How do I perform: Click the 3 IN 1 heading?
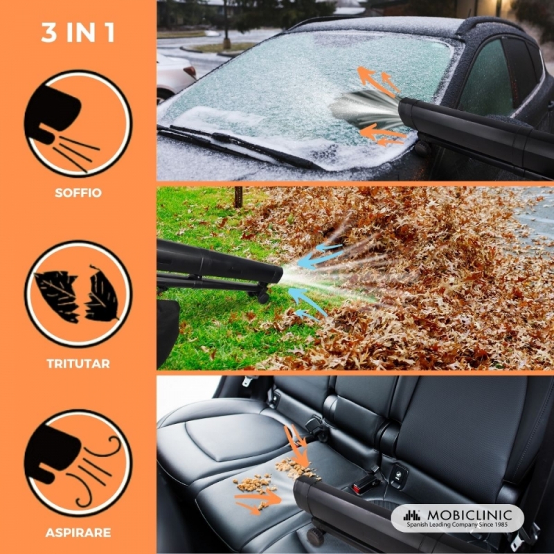click(78, 33)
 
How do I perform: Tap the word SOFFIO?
click(78, 193)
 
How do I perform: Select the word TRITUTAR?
click(78, 364)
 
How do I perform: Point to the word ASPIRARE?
click(78, 533)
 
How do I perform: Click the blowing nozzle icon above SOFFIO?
click(78, 123)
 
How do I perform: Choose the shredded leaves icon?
click(78, 294)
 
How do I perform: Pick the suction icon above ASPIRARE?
click(78, 463)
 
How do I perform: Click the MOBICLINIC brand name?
click(470, 515)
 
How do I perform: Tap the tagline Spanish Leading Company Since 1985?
click(457, 525)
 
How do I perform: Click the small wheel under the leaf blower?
click(263, 298)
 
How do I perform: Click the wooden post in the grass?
click(238, 197)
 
